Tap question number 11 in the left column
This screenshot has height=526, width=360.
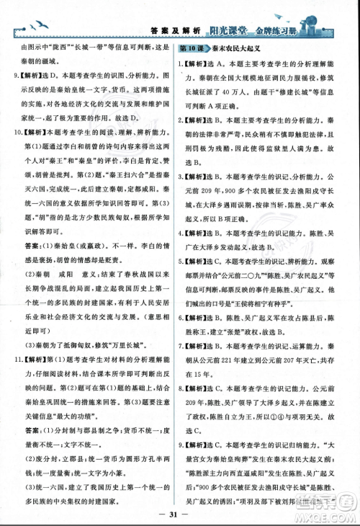14,358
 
